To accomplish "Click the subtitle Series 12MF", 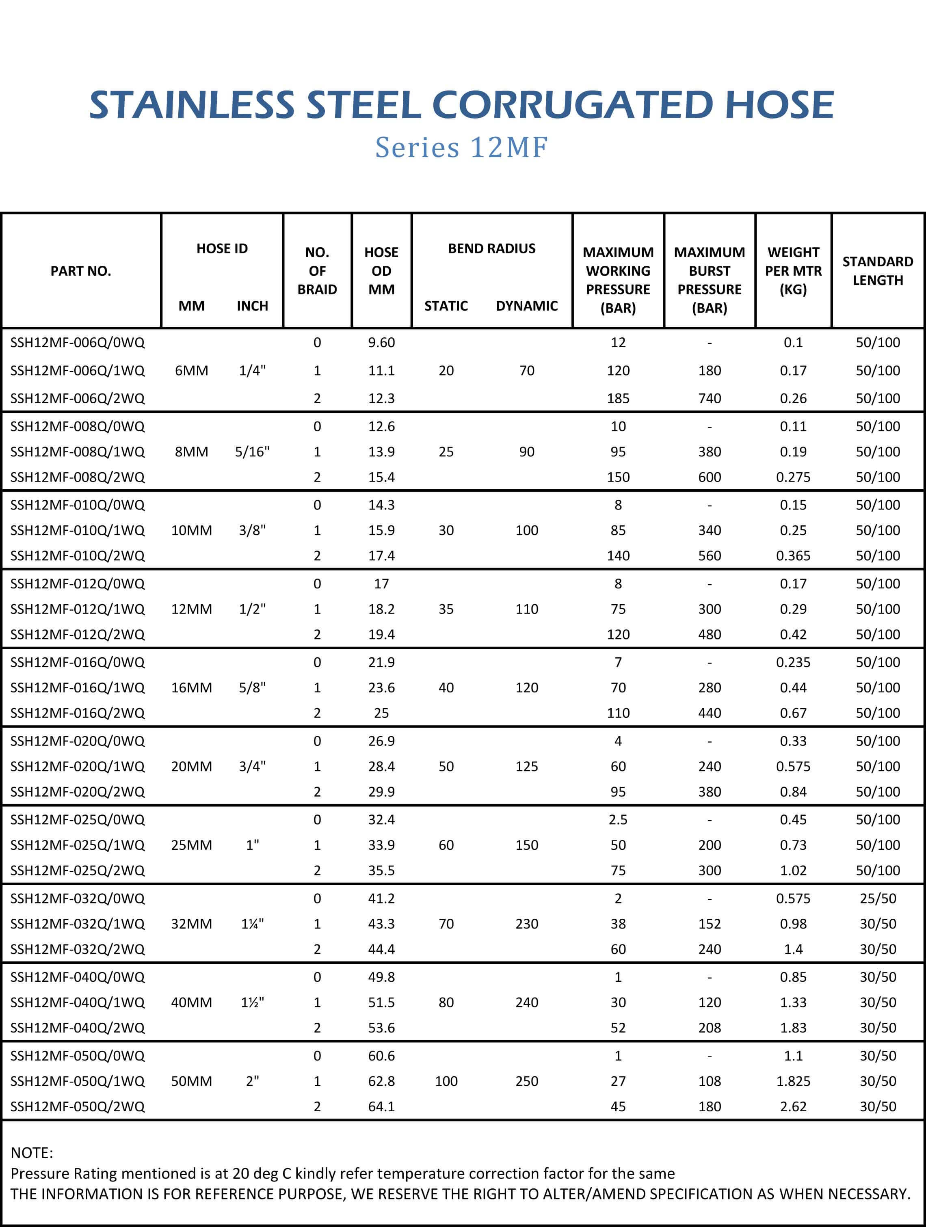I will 462,147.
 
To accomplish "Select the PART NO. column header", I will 81,271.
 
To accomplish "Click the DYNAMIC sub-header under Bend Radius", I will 526,306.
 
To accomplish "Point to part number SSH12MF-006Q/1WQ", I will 78,371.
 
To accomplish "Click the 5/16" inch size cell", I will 253,451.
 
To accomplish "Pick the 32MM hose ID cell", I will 191,924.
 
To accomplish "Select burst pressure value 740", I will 709,398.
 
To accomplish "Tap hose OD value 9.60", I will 381,342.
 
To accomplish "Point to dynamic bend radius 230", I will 526,924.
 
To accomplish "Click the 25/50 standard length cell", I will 878,898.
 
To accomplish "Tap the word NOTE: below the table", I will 32,1153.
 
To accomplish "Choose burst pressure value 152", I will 709,924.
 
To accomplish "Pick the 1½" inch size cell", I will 253,1002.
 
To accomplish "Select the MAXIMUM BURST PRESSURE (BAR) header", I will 709,280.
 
